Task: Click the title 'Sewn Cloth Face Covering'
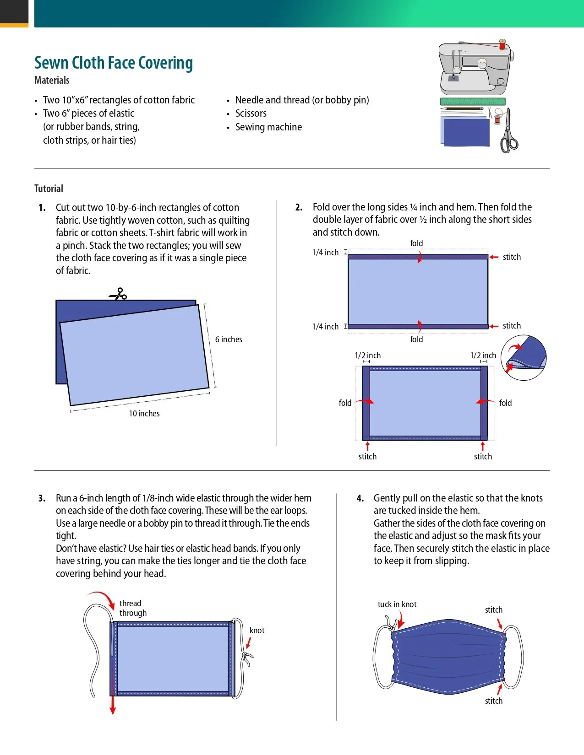pos(114,63)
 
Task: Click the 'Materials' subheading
pos(52,81)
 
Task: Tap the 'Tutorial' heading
pos(49,189)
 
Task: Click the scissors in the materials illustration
pos(508,133)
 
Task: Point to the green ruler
pos(473,102)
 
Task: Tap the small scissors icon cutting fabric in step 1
pos(118,294)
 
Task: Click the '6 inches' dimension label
pos(229,340)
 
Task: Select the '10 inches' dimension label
pos(144,414)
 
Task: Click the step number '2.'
pos(299,207)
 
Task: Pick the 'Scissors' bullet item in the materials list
pos(251,113)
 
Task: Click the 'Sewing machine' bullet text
pos(268,127)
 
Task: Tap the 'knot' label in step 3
pos(257,631)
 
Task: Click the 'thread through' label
pos(133,608)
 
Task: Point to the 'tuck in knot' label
pos(397,604)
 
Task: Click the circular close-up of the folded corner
pos(524,357)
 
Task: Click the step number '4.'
pos(360,498)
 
